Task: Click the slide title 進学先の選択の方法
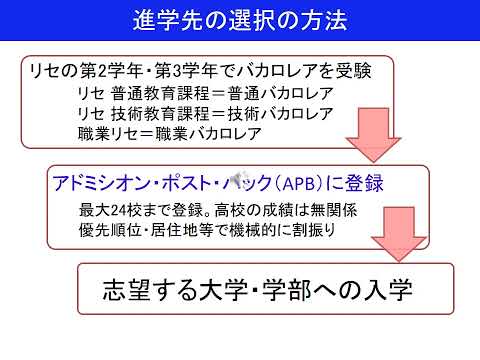pos(241,20)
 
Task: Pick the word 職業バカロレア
pos(220,132)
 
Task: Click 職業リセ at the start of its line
pos(109,132)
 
